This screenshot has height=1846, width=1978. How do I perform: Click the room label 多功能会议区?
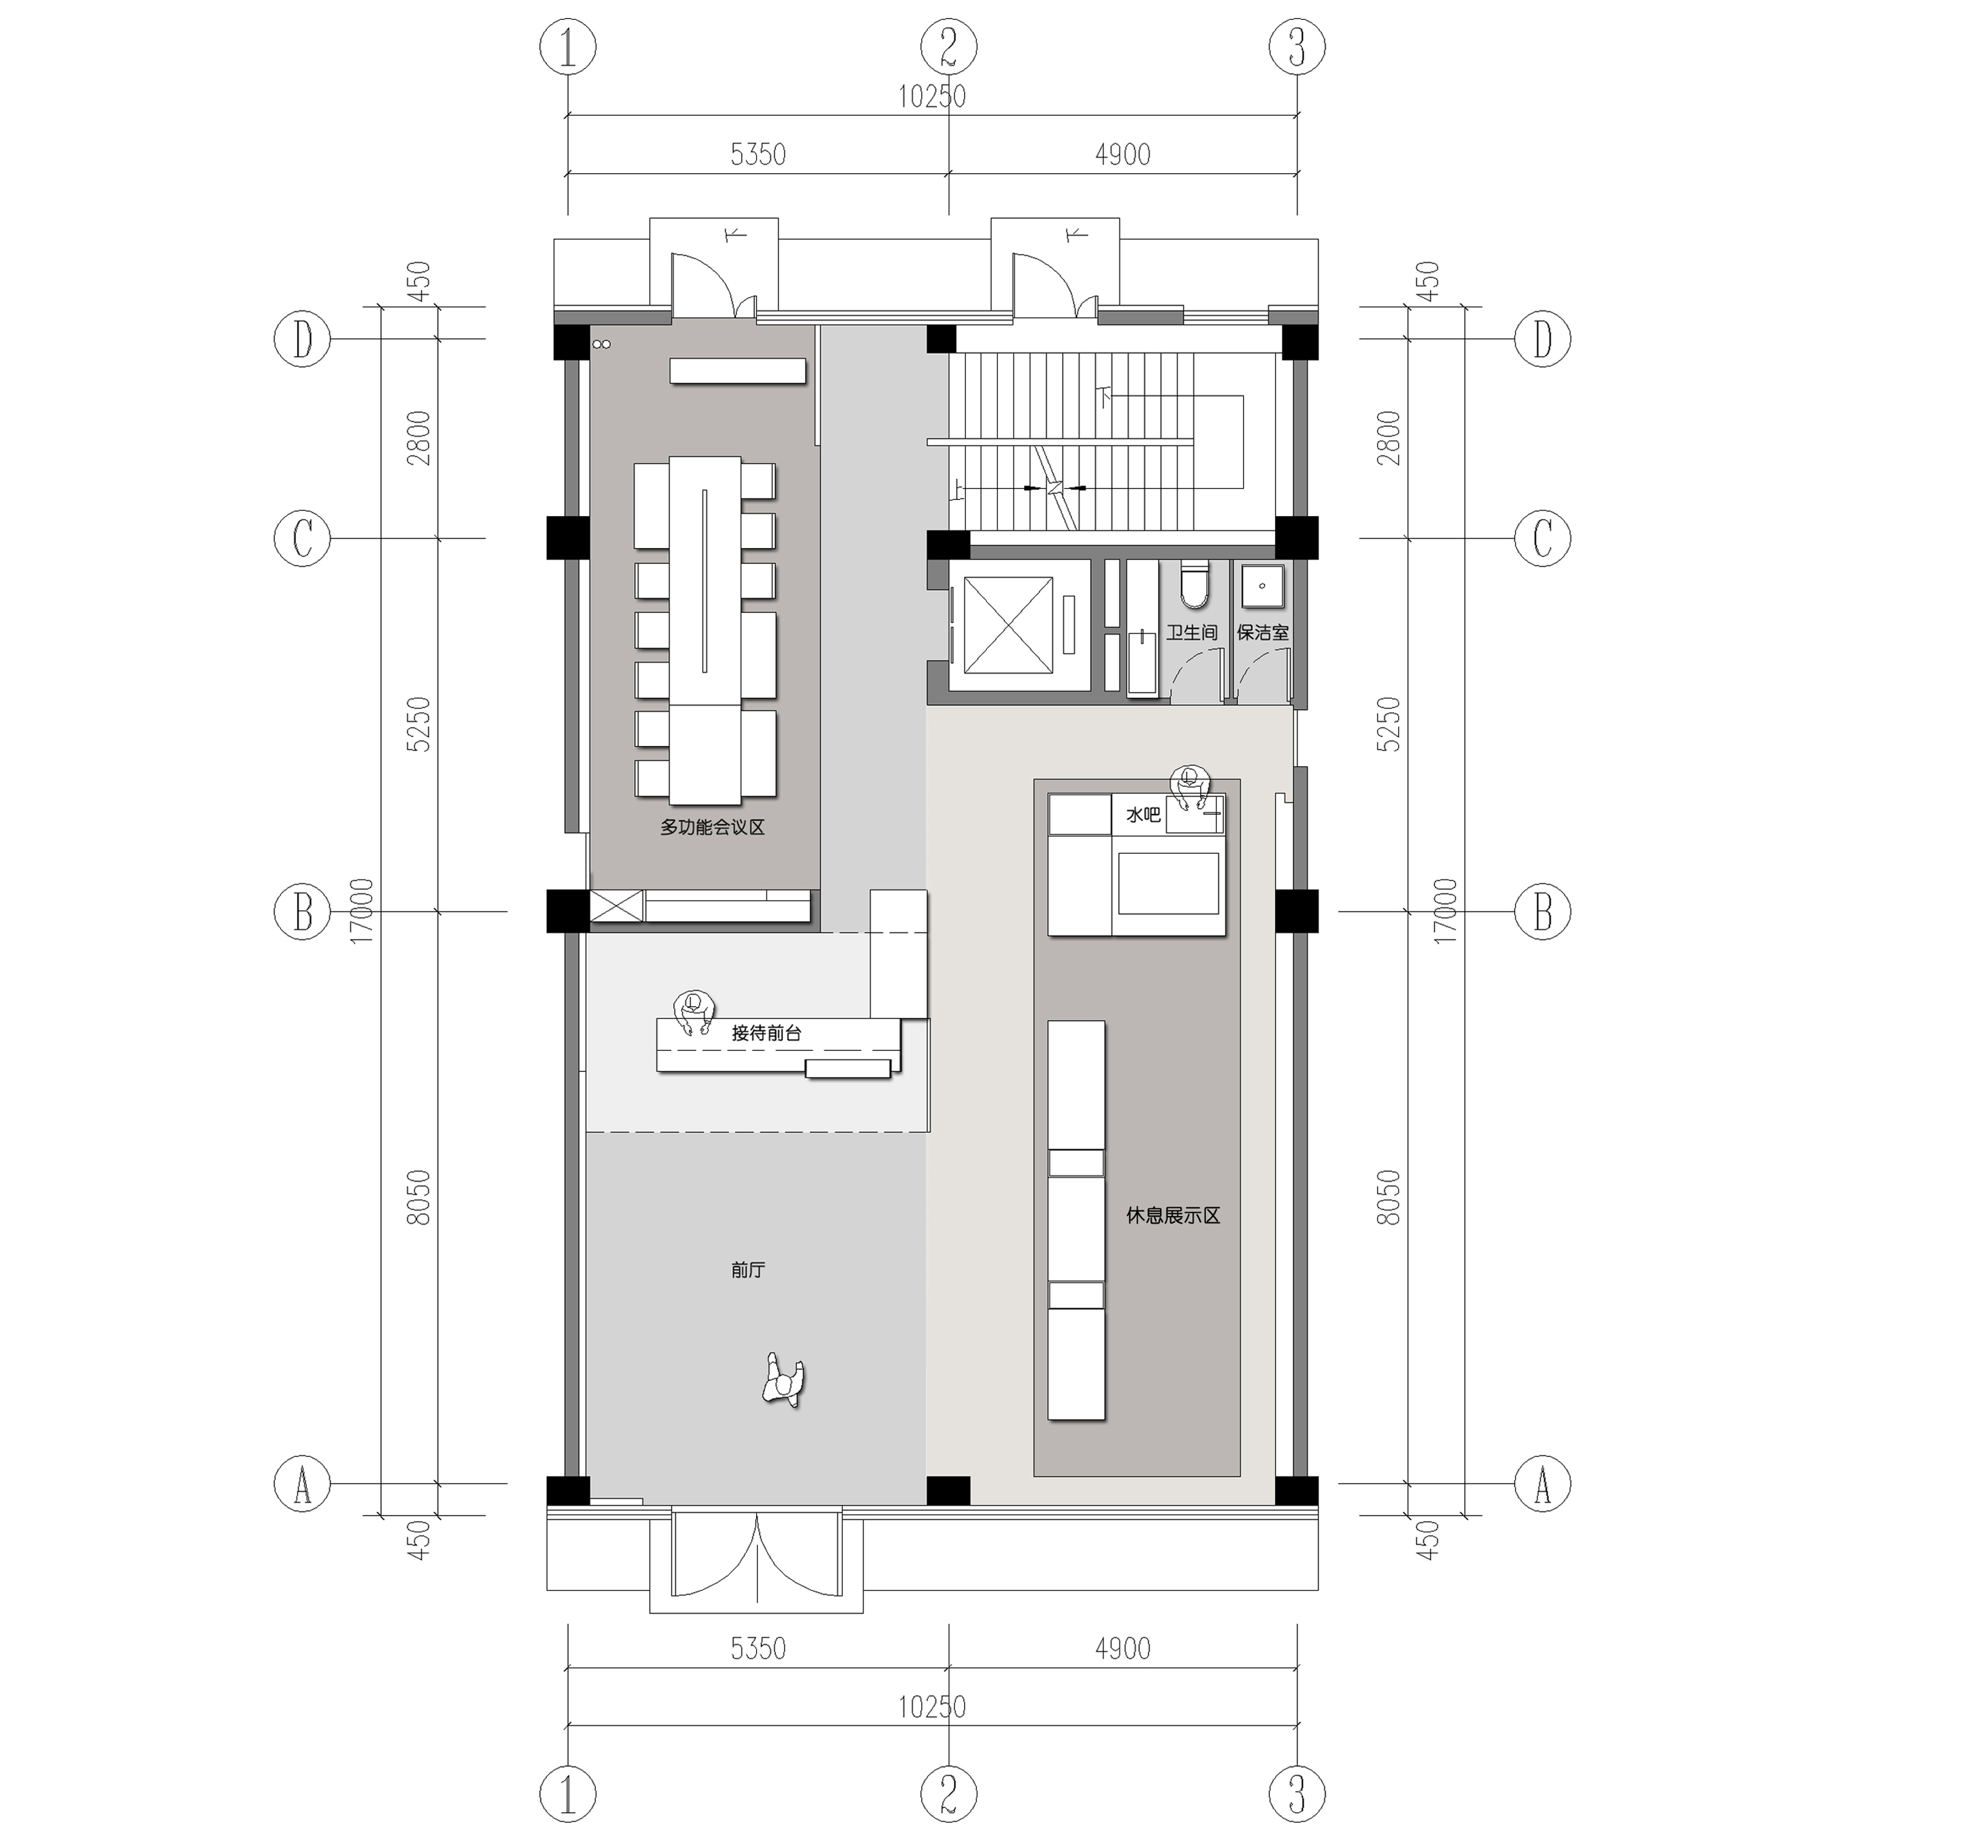pyautogui.click(x=712, y=828)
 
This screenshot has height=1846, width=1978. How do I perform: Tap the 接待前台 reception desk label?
pyautogui.click(x=766, y=1032)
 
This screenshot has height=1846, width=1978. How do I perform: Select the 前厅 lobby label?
pyautogui.click(x=747, y=1270)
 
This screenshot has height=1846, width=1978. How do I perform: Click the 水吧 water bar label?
pyautogui.click(x=1142, y=815)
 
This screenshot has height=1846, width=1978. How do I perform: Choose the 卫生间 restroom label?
pyautogui.click(x=1191, y=633)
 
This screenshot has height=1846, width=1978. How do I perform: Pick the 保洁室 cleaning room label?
pyautogui.click(x=1262, y=633)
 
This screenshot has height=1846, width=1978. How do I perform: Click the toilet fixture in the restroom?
pyautogui.click(x=1194, y=586)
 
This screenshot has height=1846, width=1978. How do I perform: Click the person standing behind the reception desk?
pyautogui.click(x=695, y=1011)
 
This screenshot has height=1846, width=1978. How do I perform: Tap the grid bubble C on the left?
pyautogui.click(x=302, y=539)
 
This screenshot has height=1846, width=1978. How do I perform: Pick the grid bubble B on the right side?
pyautogui.click(x=1542, y=911)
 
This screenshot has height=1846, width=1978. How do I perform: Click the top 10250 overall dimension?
pyautogui.click(x=932, y=97)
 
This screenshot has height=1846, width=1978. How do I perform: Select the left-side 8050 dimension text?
pyautogui.click(x=419, y=1197)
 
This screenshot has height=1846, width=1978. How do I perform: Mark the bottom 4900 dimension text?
pyautogui.click(x=1122, y=1649)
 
